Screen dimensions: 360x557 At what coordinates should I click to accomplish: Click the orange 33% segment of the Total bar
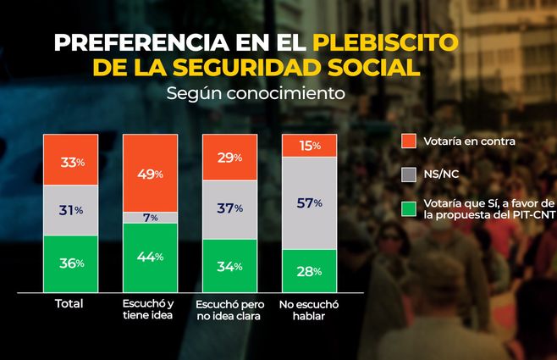72,161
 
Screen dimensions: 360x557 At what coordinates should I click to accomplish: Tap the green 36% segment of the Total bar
72,263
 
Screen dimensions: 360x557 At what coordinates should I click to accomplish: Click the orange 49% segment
150,173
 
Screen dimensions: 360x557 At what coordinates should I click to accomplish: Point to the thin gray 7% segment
150,218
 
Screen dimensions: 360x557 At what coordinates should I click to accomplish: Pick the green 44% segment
150,258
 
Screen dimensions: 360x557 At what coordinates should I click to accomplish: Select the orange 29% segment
230,158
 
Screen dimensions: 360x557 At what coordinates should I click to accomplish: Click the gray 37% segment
230,209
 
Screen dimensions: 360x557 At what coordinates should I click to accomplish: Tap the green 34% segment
230,266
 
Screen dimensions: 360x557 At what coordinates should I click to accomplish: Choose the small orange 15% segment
309,146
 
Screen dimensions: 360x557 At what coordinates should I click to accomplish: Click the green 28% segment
309,270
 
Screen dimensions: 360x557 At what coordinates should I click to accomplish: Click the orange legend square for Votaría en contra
408,141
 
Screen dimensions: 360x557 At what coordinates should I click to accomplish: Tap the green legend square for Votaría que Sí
408,209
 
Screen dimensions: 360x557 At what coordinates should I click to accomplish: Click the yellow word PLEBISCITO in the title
385,42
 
